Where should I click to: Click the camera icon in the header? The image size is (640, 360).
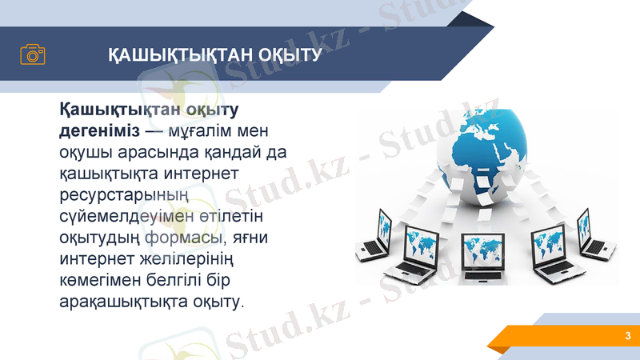point(33,54)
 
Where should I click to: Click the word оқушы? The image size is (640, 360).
point(88,151)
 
